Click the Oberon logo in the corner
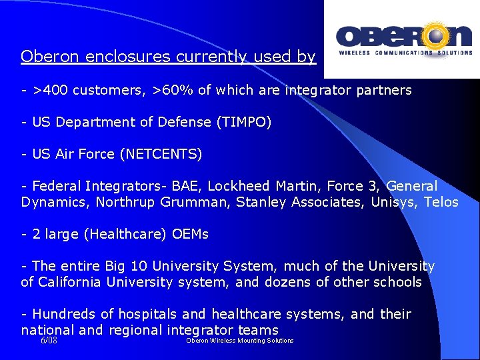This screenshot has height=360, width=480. click(x=403, y=39)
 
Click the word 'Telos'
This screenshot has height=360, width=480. click(x=441, y=202)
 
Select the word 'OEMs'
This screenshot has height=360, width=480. click(x=190, y=234)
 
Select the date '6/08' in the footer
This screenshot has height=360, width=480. click(x=49, y=340)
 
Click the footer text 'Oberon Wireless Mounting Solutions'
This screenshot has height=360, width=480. click(x=240, y=341)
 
